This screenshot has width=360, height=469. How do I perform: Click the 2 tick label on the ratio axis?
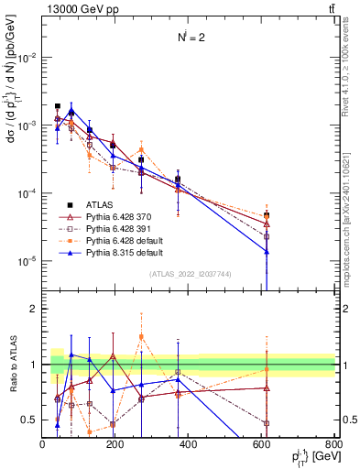[x=33, y=309]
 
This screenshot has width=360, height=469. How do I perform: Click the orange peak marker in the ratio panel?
[x=141, y=337]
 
